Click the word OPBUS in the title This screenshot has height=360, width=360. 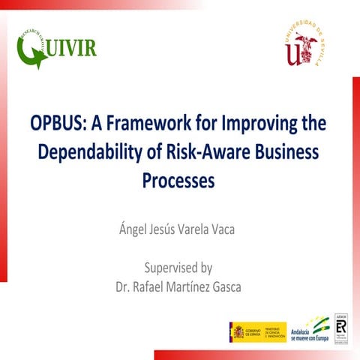[x=55, y=122]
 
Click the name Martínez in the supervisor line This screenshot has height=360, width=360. [x=178, y=286]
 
